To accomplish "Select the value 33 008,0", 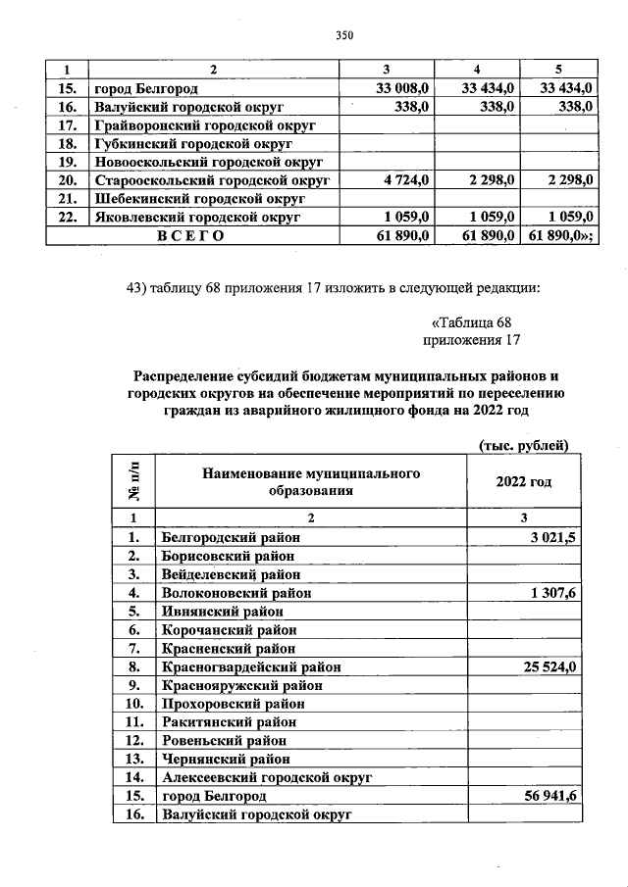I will pos(402,89).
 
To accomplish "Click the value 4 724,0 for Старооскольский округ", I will pos(405,180).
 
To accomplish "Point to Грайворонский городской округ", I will pos(203,125).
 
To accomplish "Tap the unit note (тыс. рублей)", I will pos(523,445).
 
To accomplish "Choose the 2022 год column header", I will pos(524,481).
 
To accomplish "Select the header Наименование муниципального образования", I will pos(311,481).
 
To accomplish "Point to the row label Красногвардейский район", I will pos(251,666).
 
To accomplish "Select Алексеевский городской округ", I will pos(267,777).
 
